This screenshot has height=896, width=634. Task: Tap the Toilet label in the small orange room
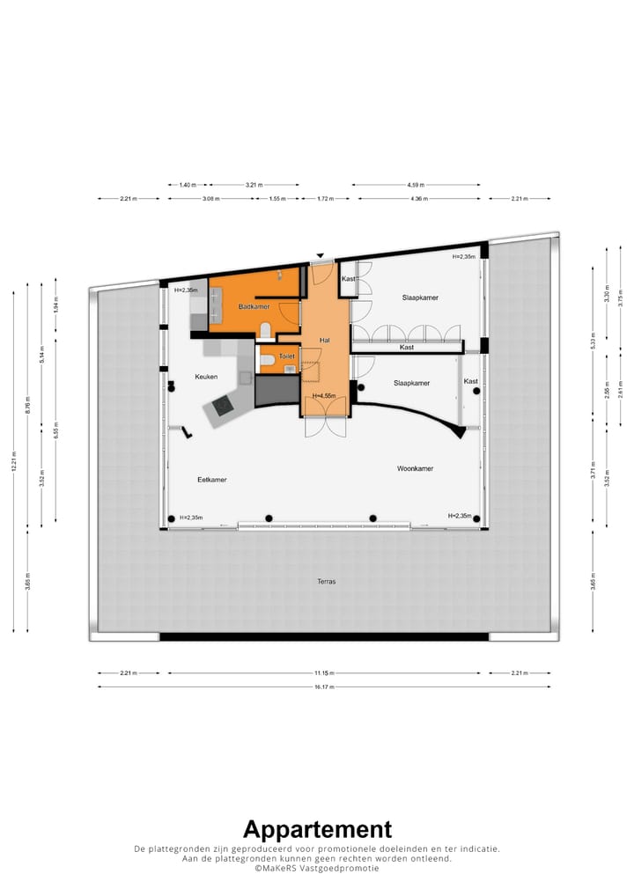click(x=287, y=356)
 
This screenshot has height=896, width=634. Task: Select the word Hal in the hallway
click(x=325, y=340)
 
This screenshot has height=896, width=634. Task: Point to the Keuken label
click(x=206, y=377)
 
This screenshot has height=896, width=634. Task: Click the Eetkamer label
click(x=212, y=480)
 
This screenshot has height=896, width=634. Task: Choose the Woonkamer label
click(x=415, y=469)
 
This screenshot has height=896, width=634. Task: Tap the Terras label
click(x=327, y=582)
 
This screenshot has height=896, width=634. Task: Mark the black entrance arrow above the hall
click(x=321, y=256)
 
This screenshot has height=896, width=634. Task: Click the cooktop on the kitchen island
click(x=221, y=405)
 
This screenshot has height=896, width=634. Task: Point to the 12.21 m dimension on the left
click(x=14, y=467)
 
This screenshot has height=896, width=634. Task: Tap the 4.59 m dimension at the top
click(x=416, y=185)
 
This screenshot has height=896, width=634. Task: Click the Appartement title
click(x=317, y=829)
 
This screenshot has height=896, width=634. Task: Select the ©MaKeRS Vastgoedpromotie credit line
click(x=317, y=868)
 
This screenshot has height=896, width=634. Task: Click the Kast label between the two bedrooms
click(x=407, y=348)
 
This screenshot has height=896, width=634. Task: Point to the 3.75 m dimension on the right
click(x=621, y=298)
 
